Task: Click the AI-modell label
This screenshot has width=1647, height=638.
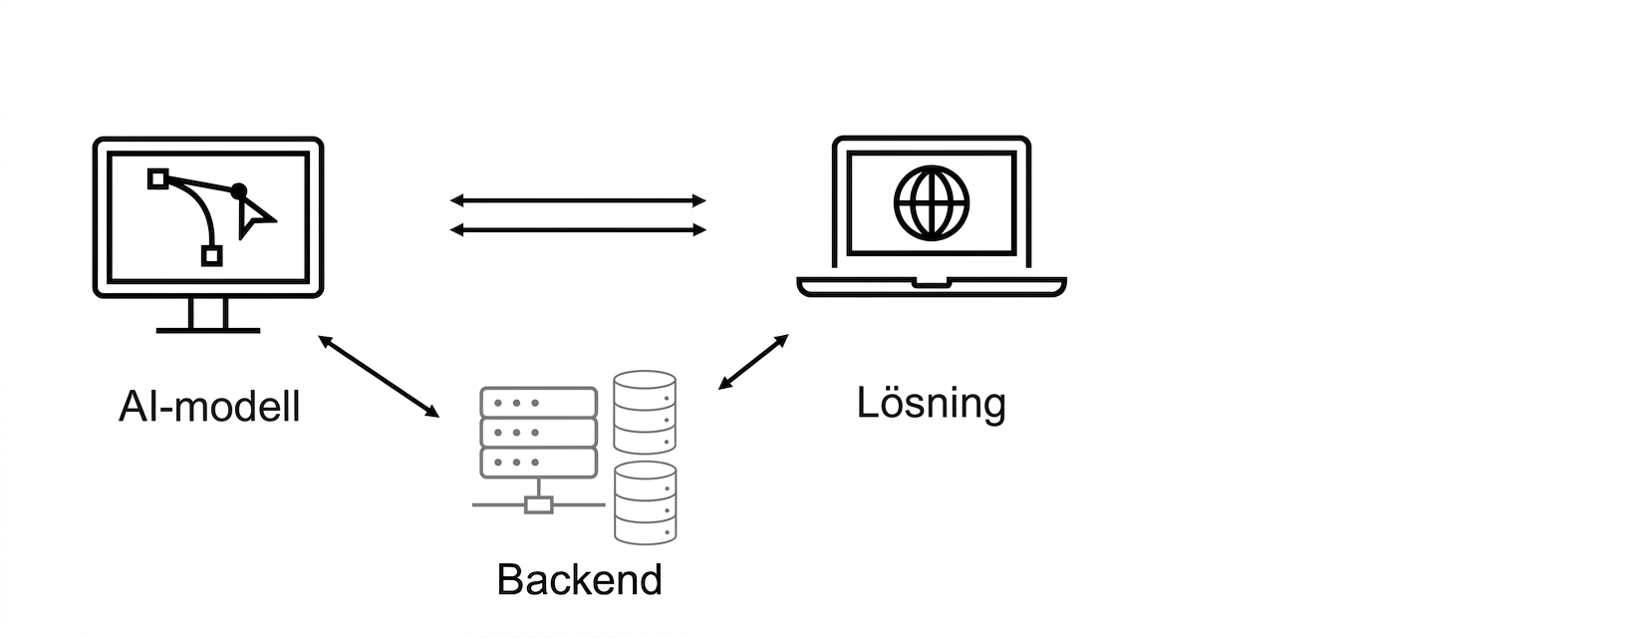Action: tap(209, 406)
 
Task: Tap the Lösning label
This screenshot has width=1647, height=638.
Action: tap(931, 404)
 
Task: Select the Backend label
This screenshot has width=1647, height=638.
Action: tap(580, 580)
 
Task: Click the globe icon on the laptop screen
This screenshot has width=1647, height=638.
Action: tap(932, 203)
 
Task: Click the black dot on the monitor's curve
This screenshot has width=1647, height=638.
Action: tap(238, 191)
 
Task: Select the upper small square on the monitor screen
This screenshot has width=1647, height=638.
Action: tap(158, 178)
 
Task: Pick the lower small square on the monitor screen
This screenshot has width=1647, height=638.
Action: tap(212, 256)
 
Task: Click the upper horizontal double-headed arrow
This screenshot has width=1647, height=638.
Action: tap(578, 200)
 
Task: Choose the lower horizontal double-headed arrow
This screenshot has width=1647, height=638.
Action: tap(578, 230)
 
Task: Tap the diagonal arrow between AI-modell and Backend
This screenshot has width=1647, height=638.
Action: tap(379, 377)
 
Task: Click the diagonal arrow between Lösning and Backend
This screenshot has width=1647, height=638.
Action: tap(753, 361)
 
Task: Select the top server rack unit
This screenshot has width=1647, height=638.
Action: tap(538, 403)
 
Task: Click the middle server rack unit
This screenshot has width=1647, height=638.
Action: tap(538, 433)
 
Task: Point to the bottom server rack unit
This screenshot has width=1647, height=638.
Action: tap(538, 463)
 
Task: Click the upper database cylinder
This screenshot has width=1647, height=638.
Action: tap(645, 412)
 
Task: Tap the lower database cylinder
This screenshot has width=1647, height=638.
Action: tap(645, 503)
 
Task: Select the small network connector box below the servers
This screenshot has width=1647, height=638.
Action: tap(539, 504)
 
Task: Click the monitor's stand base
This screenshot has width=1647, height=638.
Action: tap(208, 330)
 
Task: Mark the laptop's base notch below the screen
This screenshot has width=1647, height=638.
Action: tap(932, 283)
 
